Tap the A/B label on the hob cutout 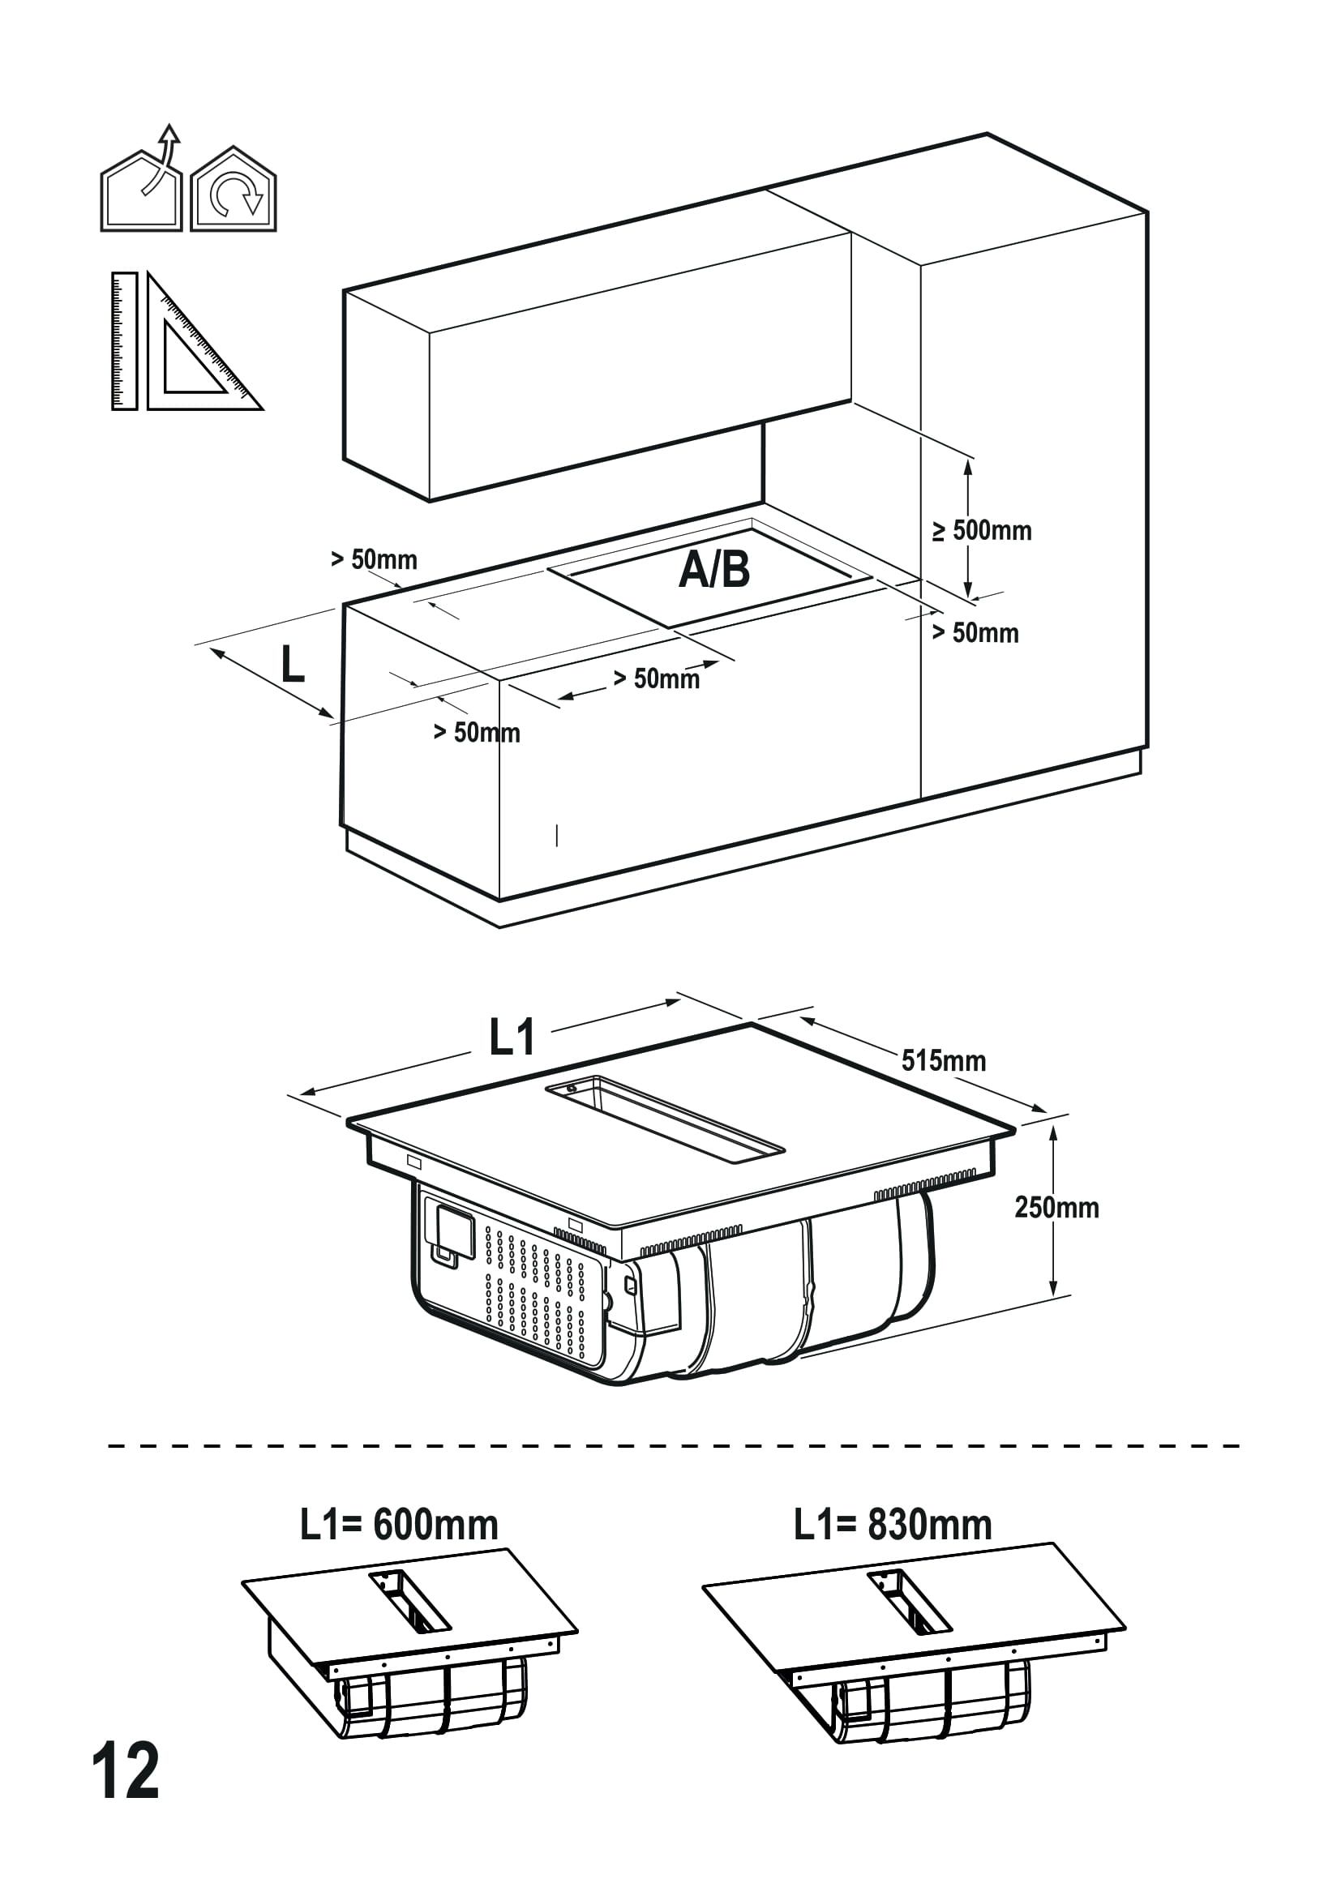[714, 570]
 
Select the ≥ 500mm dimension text [983, 530]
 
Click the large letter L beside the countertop [293, 665]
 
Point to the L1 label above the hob [512, 1038]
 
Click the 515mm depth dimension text [943, 1061]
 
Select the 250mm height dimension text [1056, 1208]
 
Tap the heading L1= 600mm [399, 1526]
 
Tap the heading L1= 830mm [893, 1526]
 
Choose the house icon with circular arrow [233, 191]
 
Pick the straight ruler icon [125, 340]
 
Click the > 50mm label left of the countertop [373, 560]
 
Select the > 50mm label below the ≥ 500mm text [975, 633]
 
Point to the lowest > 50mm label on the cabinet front [477, 733]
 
